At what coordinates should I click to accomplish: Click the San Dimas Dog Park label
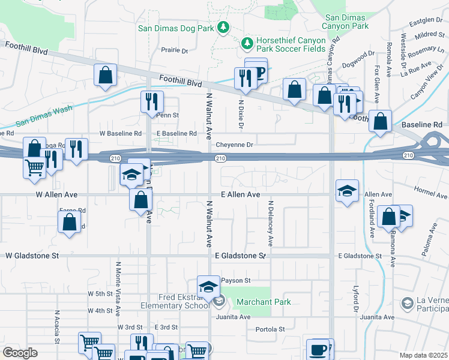click(176, 28)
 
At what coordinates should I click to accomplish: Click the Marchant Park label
click(263, 302)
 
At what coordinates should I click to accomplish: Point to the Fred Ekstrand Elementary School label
click(184, 301)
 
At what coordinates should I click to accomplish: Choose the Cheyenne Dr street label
click(235, 145)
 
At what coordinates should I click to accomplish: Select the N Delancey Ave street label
click(271, 224)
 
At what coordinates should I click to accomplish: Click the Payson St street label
click(235, 280)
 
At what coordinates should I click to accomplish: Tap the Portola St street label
click(270, 329)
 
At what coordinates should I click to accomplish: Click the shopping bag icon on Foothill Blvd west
click(105, 76)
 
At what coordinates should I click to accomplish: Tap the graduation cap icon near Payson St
click(208, 286)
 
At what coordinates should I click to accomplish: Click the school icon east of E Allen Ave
click(346, 191)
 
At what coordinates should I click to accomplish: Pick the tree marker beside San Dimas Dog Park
click(223, 27)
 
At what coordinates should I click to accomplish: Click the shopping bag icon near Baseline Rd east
click(381, 121)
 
